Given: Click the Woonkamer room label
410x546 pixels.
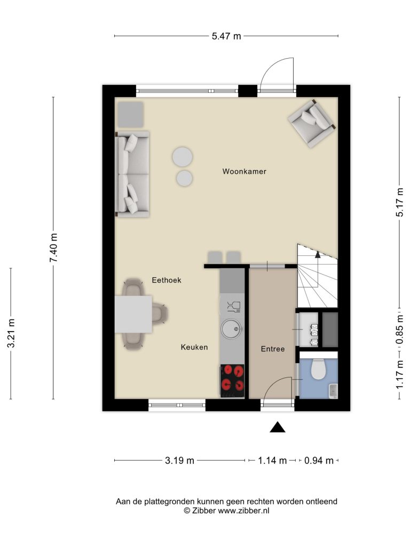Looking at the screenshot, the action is [x=244, y=171].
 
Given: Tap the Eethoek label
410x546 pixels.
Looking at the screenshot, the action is [x=167, y=280].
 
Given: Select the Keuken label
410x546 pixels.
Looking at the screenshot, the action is [x=194, y=347].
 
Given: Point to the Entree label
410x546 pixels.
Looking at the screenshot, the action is [x=273, y=349].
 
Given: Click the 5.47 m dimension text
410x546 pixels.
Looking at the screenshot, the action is [x=226, y=36].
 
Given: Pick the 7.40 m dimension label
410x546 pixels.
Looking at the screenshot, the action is [x=53, y=248].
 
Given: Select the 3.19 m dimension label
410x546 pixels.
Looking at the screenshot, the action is [x=179, y=460].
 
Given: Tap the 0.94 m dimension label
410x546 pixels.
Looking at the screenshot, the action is [x=319, y=460].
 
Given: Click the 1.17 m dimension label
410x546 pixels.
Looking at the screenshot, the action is [x=399, y=374].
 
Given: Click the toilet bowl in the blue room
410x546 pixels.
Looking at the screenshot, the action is [x=318, y=369].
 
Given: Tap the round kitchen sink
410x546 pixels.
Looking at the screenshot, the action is [x=232, y=328].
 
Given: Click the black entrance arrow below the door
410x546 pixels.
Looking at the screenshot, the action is [x=278, y=427].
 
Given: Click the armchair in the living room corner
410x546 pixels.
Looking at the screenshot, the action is [x=312, y=123].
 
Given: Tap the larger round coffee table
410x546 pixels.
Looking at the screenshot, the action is [x=183, y=157].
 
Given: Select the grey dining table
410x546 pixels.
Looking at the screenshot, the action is [x=133, y=315].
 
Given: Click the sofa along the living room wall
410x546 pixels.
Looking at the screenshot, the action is [x=132, y=174].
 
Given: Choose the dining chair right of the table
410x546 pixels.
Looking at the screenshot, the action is [x=160, y=315].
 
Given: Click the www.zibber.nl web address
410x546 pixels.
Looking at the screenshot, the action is [x=243, y=511].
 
